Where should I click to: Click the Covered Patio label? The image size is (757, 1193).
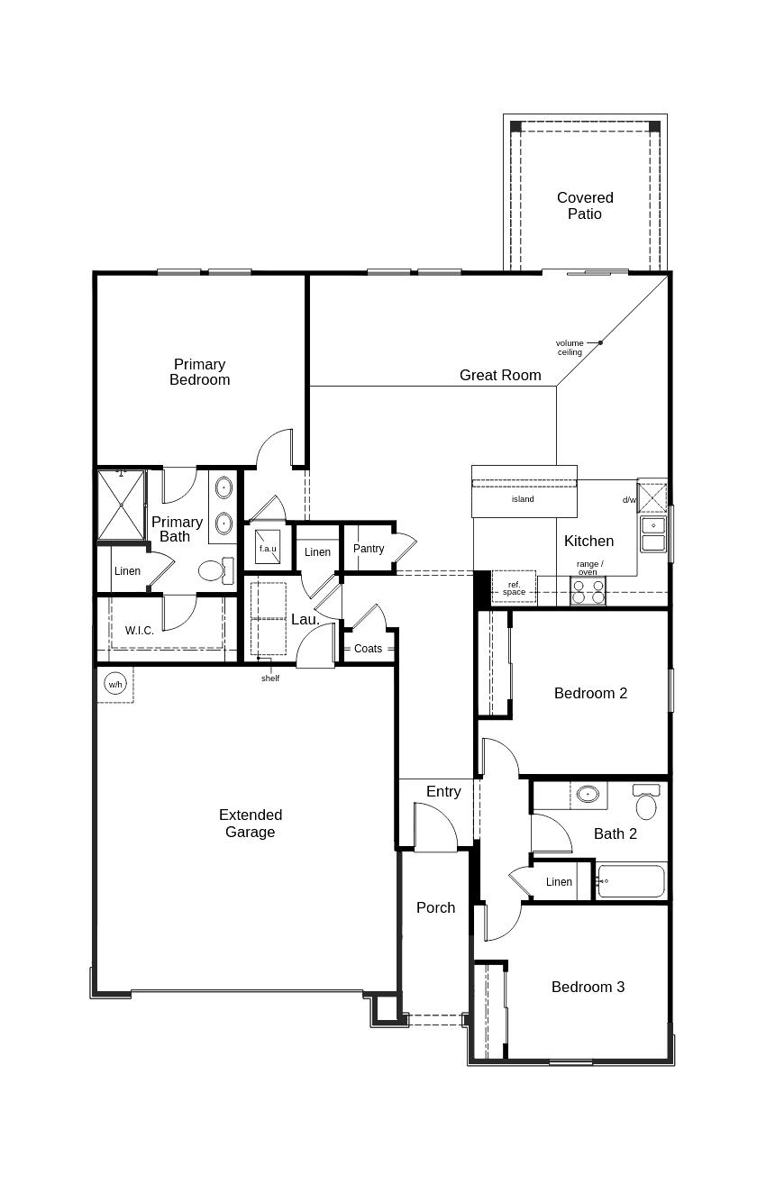[x=585, y=205]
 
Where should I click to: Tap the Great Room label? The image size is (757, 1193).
[x=500, y=375]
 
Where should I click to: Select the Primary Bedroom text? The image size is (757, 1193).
[x=199, y=372]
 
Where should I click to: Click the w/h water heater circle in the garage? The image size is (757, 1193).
[x=115, y=684]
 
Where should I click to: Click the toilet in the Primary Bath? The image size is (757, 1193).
[x=213, y=570]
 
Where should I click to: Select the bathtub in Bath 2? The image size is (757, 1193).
[x=631, y=880]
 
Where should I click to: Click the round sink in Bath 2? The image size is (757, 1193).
[x=588, y=794]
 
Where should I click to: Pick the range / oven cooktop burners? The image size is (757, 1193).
[x=588, y=591]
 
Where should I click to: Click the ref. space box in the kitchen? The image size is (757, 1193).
[x=514, y=588]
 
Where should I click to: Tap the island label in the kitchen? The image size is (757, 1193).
[x=523, y=499]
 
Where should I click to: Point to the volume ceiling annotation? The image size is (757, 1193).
[x=570, y=347]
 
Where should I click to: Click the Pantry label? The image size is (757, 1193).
[x=369, y=549]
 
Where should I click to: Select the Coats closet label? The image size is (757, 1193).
[x=368, y=649]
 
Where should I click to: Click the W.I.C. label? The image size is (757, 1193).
[x=140, y=631]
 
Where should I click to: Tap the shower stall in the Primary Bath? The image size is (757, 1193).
[x=121, y=504]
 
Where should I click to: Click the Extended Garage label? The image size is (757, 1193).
[x=251, y=824]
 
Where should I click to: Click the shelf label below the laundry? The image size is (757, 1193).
[x=270, y=678]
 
